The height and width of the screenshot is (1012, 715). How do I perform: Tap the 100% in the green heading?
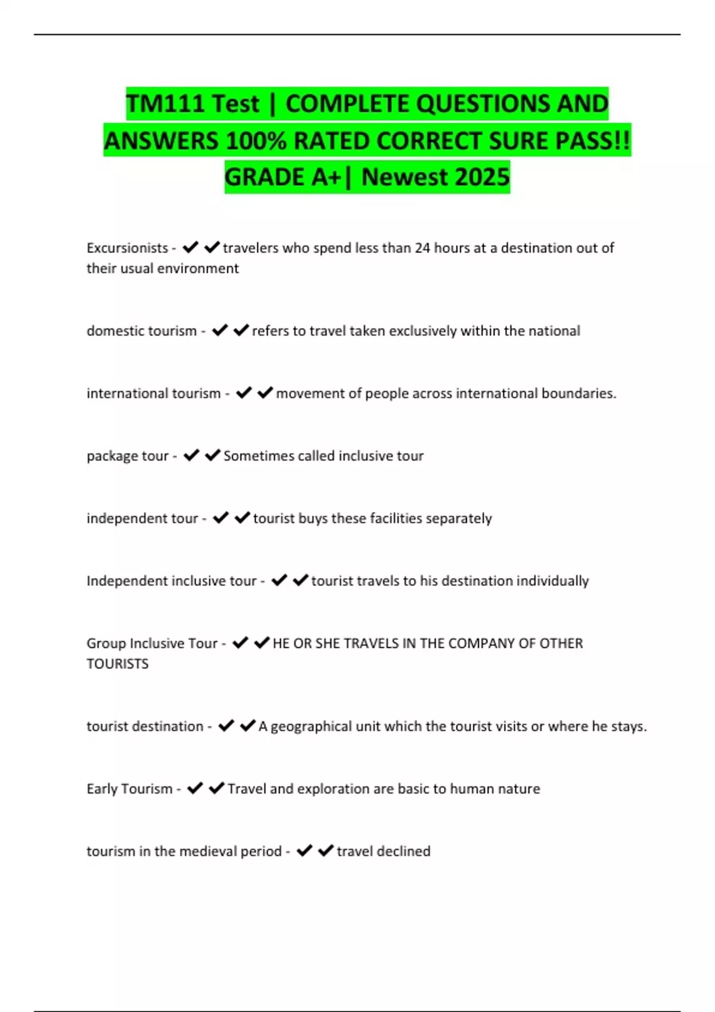[255, 141]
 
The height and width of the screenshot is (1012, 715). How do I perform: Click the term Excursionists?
[127, 248]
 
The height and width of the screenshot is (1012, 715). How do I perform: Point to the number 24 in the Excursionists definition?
[422, 248]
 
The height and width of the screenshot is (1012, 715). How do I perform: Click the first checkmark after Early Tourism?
[195, 788]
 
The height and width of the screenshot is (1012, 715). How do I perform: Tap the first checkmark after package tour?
[191, 455]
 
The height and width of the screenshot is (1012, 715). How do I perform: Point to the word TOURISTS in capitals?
[117, 664]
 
